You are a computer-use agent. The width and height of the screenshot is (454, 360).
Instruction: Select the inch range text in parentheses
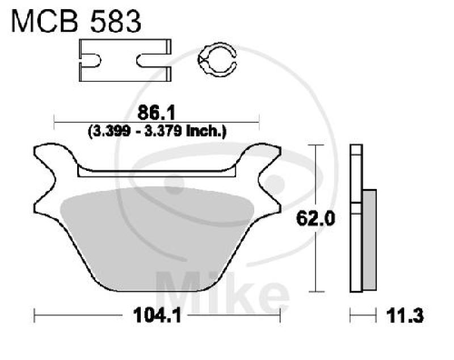[x=157, y=131]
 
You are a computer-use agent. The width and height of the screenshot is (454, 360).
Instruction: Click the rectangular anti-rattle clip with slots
[x=124, y=60]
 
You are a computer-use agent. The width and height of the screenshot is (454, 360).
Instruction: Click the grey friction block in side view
[x=369, y=238]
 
